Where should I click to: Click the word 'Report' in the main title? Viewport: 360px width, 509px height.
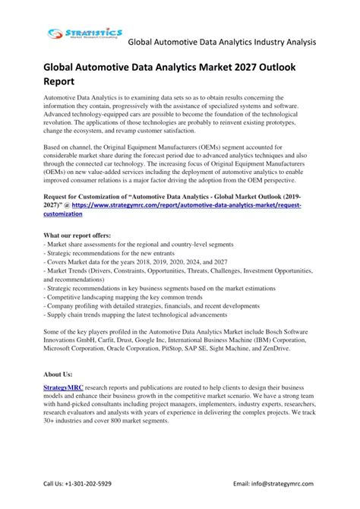pyautogui.click(x=65, y=83)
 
